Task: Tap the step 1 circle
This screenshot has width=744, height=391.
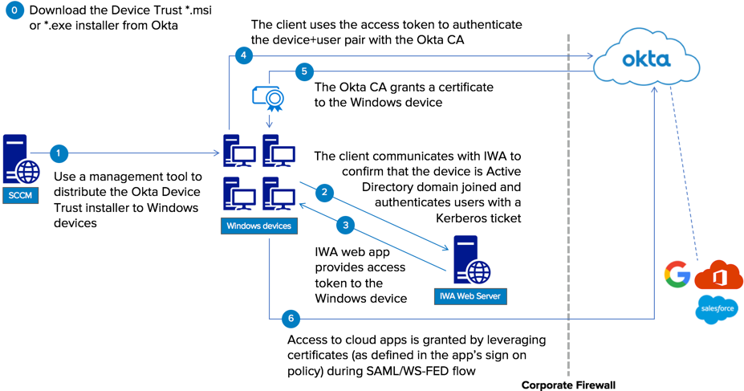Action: (x=58, y=152)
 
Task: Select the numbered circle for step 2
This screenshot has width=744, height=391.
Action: (x=324, y=192)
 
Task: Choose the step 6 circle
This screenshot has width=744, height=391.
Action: (x=291, y=319)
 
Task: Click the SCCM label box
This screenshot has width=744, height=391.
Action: (x=20, y=196)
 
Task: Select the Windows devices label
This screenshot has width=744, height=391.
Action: (x=258, y=226)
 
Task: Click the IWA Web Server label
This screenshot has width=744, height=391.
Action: (x=470, y=296)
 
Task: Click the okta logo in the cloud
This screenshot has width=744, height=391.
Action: (x=647, y=59)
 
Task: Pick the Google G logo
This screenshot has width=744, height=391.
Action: (x=677, y=275)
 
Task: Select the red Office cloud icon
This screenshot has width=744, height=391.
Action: (x=718, y=275)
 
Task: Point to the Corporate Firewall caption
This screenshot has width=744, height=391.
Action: (x=568, y=385)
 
